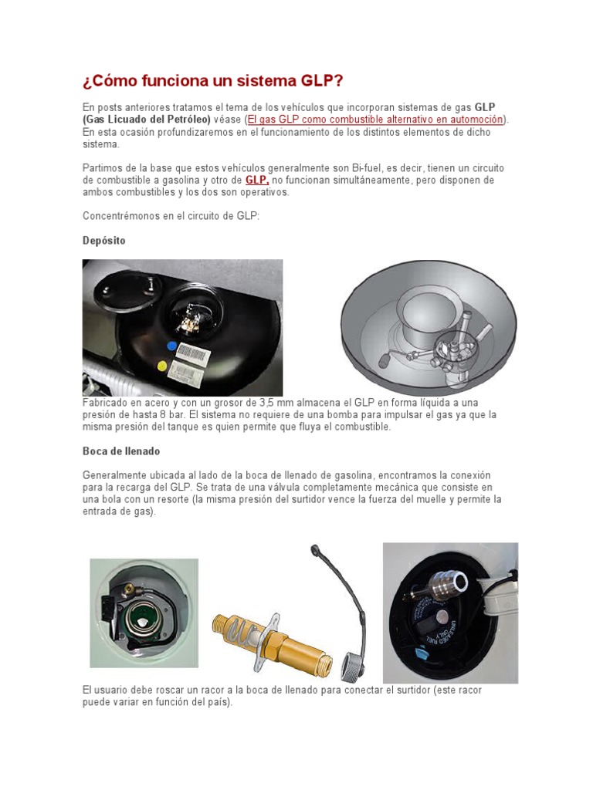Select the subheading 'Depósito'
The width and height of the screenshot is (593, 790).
click(103, 241)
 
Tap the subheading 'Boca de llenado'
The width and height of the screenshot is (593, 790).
click(121, 451)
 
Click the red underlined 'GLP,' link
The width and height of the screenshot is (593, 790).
click(257, 180)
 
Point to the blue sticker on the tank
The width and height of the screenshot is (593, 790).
click(171, 346)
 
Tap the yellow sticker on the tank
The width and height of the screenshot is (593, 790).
click(162, 365)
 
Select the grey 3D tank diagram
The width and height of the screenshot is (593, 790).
click(429, 328)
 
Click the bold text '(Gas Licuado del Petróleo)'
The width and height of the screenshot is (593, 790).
click(147, 120)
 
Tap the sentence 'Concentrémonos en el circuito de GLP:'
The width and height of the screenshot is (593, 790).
click(171, 216)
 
